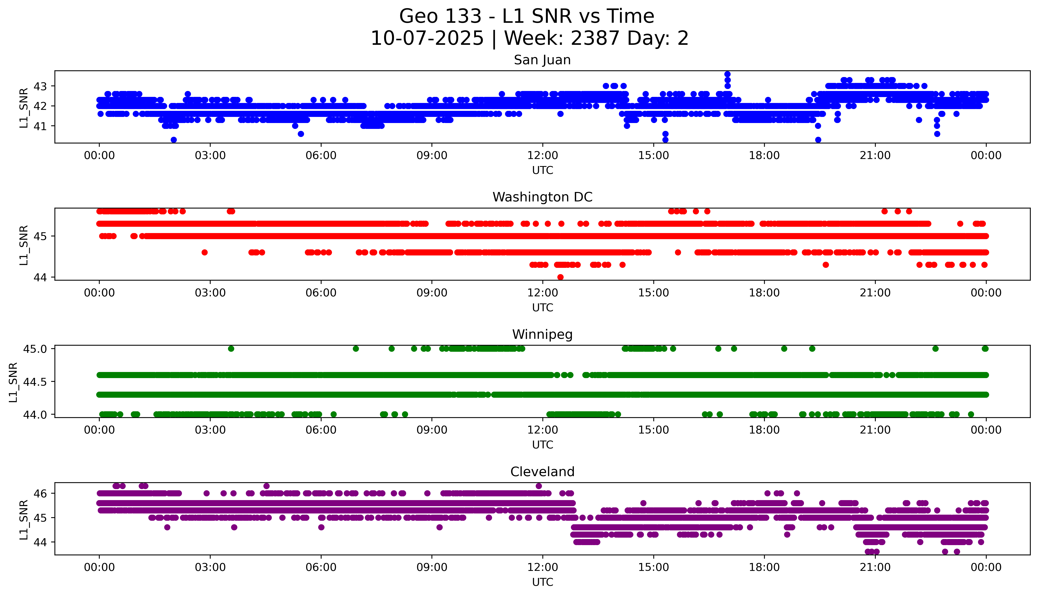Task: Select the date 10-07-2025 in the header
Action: pyautogui.click(x=427, y=39)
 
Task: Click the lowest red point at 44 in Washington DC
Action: pyautogui.click(x=560, y=277)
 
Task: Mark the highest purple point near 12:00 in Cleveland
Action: pyautogui.click(x=539, y=486)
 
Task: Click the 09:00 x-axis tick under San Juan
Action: pyautogui.click(x=432, y=156)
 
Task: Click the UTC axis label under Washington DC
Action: pyautogui.click(x=542, y=307)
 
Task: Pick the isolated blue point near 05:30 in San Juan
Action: pyautogui.click(x=301, y=134)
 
